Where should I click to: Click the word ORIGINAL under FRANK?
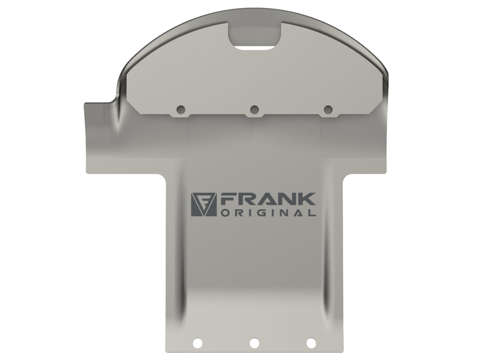pos(268,213)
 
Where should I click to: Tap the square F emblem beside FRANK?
pos(204,204)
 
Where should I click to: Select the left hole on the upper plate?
pos(181,109)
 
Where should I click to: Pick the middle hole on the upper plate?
pos(254,109)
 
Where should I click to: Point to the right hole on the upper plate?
pos(328,109)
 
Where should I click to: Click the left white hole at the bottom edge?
pos(198,343)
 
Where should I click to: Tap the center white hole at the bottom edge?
pos(254,343)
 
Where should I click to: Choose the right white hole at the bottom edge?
pos(311,343)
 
